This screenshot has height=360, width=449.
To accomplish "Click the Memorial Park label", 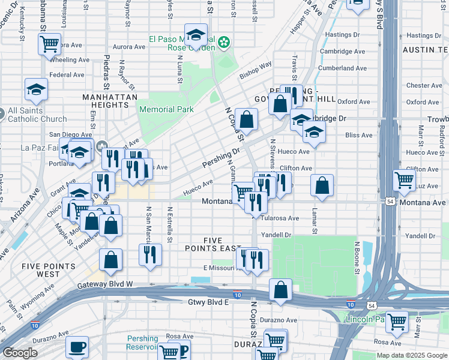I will tap(166, 110).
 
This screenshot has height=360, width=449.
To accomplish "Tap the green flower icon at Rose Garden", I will tap(224, 42).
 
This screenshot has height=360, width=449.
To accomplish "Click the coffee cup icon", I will tap(77, 346).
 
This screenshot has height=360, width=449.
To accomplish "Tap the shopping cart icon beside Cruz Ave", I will tap(405, 179).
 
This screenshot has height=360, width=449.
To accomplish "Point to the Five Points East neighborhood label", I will tap(221, 244).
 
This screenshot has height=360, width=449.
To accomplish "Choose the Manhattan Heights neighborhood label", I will tap(110, 101).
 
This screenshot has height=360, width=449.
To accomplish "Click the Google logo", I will tap(20, 353).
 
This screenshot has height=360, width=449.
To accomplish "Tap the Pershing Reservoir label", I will tap(142, 343).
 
